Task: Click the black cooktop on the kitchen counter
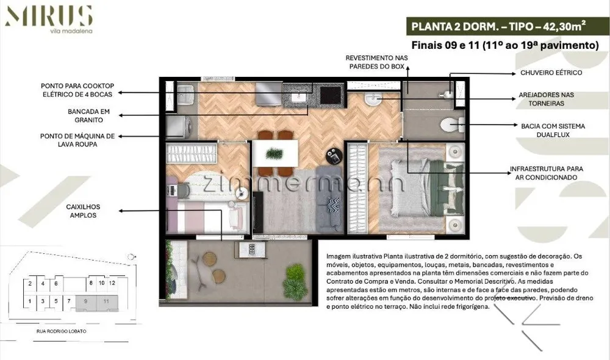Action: coord(330,95)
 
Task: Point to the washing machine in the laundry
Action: coord(179,127)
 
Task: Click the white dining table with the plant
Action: coord(276,153)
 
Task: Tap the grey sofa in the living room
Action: coord(329,199)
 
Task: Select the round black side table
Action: coord(334,156)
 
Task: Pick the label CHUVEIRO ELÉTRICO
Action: coord(551,73)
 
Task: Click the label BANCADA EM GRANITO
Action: coord(88,115)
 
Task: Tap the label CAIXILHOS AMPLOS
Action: coord(83,211)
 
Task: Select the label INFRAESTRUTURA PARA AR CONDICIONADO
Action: coord(546,173)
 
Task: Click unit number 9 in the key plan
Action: coord(85,301)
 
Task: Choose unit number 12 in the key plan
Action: coord(112,283)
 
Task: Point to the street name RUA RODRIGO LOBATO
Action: coord(62,331)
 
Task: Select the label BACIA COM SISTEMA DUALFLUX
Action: coord(553,131)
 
